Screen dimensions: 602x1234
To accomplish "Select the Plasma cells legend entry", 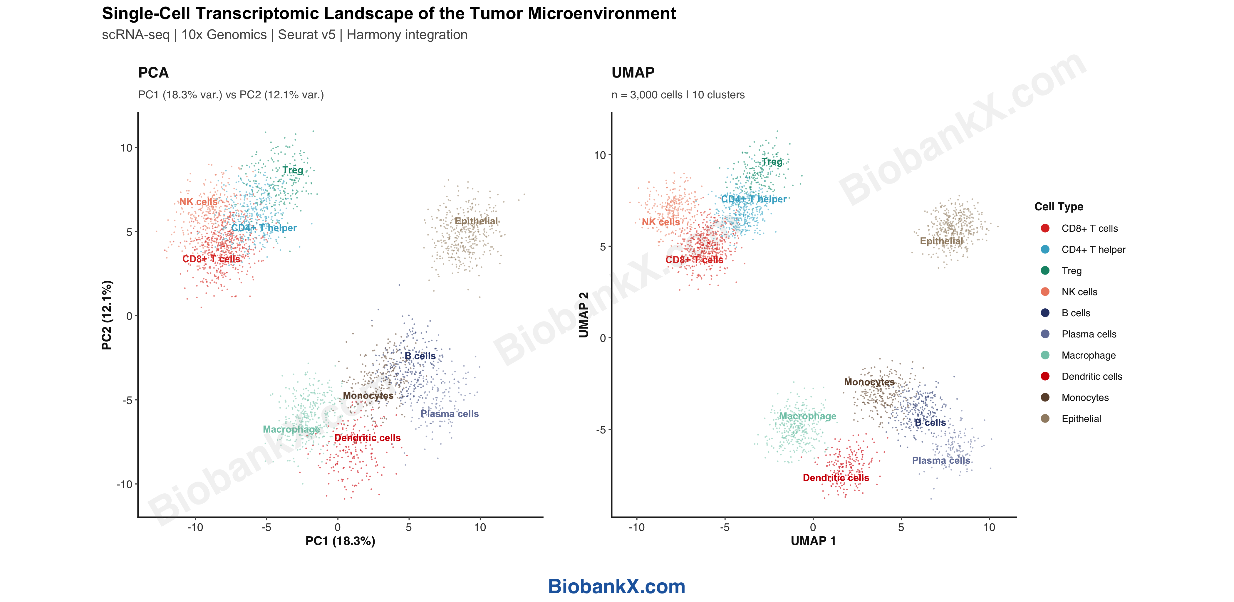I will (x=1088, y=334).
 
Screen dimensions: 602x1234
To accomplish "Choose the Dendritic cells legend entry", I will (x=1091, y=376).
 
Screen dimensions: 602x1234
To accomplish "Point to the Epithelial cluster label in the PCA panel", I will (x=476, y=221).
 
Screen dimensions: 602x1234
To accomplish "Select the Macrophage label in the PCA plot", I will (x=291, y=429).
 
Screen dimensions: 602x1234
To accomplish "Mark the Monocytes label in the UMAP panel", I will (x=869, y=382).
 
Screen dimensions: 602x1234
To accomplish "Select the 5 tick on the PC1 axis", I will (x=409, y=527).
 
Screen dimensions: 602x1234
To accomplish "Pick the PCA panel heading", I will (x=153, y=73).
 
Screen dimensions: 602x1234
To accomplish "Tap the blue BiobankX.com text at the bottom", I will (x=616, y=586).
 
